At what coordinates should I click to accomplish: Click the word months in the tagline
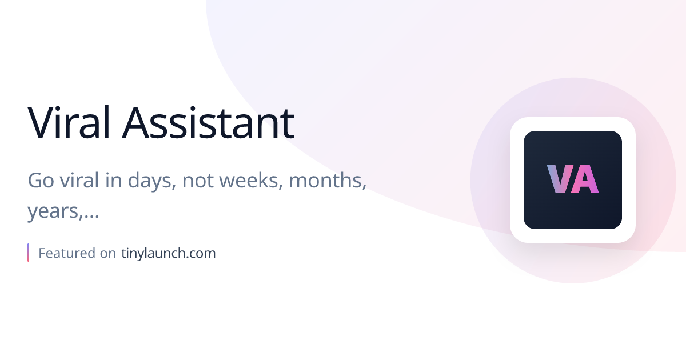pos(328,180)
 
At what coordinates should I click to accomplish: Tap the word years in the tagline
pos(53,213)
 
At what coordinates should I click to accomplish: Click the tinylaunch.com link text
pos(169,253)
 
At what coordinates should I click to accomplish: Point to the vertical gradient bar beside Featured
pos(28,253)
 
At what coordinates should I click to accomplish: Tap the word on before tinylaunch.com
pos(108,253)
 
